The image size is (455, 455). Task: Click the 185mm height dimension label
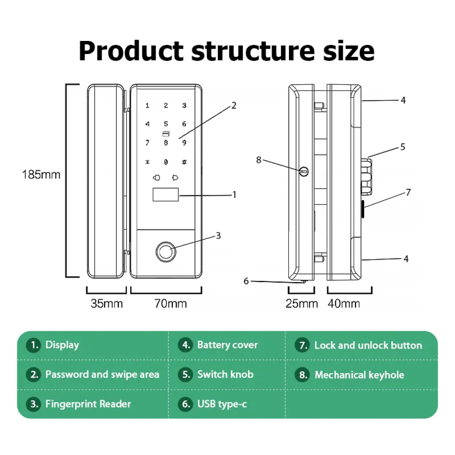point(41,174)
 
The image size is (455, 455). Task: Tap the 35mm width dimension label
point(106,303)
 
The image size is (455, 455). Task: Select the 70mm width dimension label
point(171,303)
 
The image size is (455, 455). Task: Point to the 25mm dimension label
point(302,303)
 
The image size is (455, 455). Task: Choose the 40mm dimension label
point(344,303)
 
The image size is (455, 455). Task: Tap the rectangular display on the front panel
point(164,195)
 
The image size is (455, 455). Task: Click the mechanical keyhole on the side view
point(304,172)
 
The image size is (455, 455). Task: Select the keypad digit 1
point(147,106)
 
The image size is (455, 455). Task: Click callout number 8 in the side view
point(259,160)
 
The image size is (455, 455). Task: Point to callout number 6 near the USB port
point(246,281)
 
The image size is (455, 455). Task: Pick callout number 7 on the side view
point(408,192)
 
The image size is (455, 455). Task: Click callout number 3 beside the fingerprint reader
point(218,235)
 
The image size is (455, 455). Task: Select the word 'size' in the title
point(350,51)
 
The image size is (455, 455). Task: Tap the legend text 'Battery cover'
point(227,345)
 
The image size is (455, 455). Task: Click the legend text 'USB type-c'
point(222,404)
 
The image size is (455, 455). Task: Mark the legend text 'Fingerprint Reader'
point(88,404)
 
